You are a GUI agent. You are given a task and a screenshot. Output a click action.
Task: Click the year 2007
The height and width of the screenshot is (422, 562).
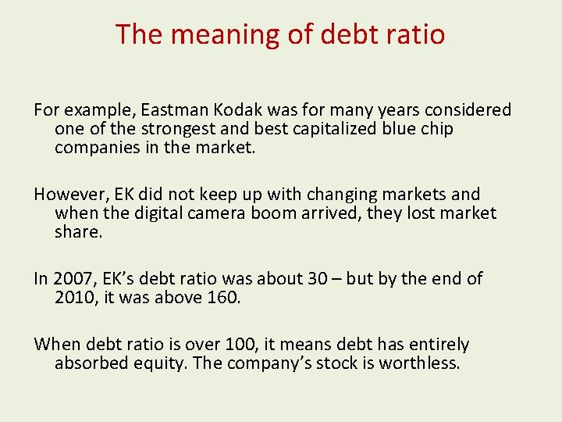tap(73, 279)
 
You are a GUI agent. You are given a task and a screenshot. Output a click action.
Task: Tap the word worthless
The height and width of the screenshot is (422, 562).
tap(419, 363)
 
